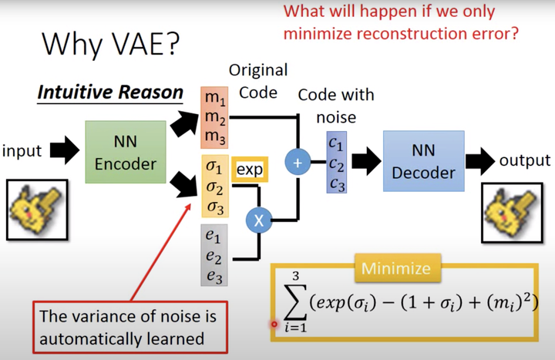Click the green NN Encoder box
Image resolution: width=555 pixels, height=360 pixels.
pyautogui.click(x=126, y=153)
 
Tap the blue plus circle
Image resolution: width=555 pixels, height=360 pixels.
pyautogui.click(x=297, y=163)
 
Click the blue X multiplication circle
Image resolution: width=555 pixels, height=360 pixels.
pyautogui.click(x=259, y=220)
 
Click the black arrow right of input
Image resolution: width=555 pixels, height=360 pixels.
pyautogui.click(x=65, y=151)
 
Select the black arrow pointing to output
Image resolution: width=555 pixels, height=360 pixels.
pyautogui.click(x=478, y=160)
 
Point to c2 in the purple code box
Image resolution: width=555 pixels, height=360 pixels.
pyautogui.click(x=335, y=163)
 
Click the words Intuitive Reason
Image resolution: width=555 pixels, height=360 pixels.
pyautogui.click(x=109, y=94)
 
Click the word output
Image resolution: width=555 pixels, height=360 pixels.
pyautogui.click(x=524, y=160)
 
